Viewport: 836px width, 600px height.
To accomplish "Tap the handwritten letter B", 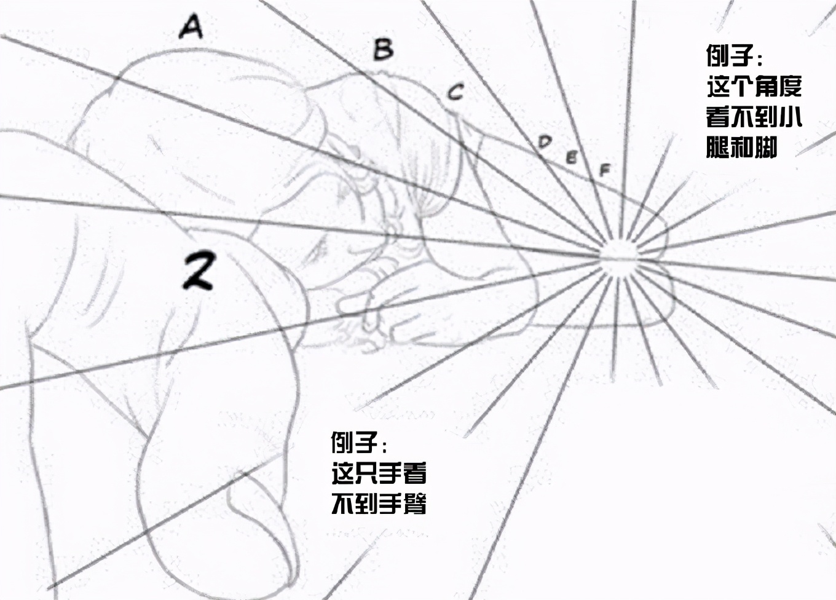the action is (x=384, y=49).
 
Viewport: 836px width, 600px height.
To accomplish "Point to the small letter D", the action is (x=545, y=142).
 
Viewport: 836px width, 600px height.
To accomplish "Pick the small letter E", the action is (x=572, y=157).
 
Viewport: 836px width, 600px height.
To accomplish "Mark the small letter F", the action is (x=604, y=170).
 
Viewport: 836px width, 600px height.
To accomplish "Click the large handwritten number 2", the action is (x=197, y=270).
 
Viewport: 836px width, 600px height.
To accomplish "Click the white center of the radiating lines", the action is (x=618, y=258).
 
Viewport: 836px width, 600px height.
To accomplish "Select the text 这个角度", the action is (x=754, y=87).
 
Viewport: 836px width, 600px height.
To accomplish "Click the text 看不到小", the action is (x=754, y=117).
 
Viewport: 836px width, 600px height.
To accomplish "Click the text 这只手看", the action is (x=379, y=473).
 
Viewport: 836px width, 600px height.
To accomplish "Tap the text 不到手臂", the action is (x=379, y=503).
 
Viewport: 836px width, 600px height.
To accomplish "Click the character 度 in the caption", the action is (x=791, y=87).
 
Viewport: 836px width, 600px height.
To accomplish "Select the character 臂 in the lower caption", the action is (x=415, y=503).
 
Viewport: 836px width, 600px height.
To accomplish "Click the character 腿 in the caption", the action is (x=718, y=148).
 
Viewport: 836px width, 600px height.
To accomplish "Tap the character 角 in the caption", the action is (x=766, y=87).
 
